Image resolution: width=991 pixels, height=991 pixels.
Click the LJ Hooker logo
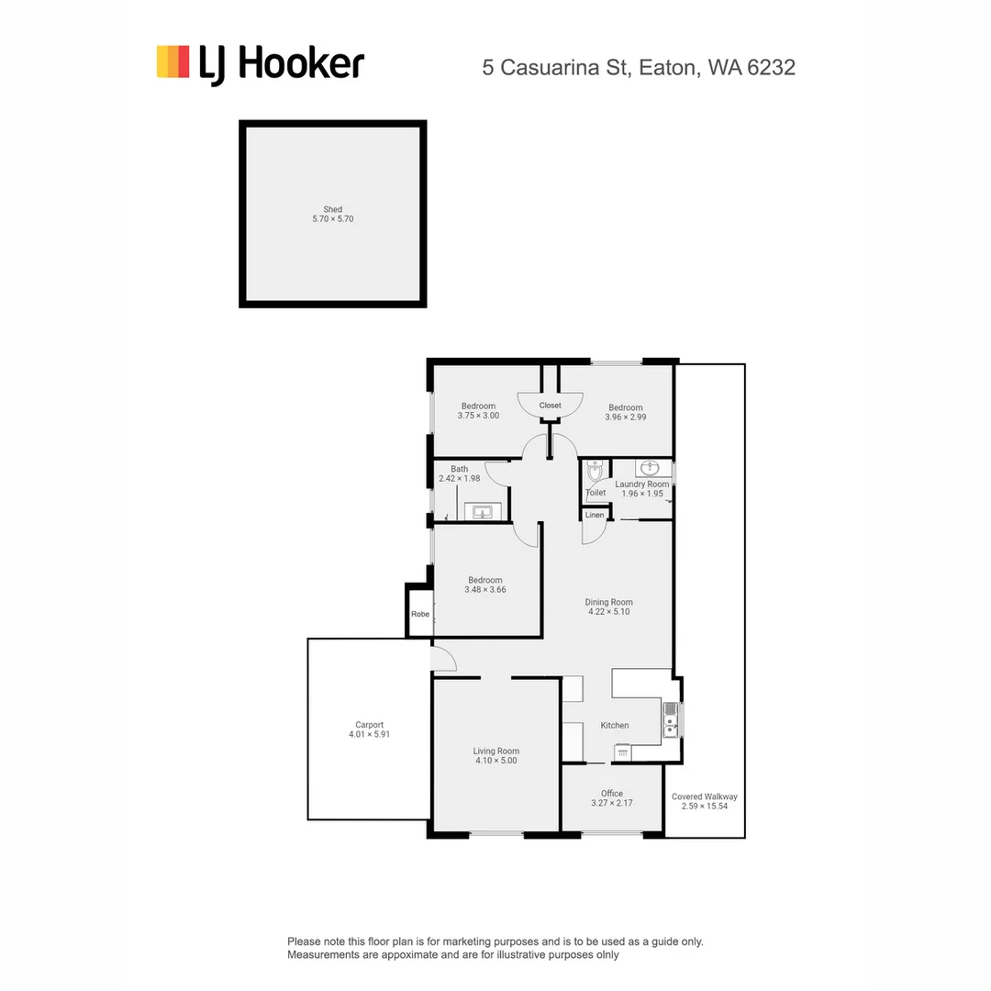coord(260,64)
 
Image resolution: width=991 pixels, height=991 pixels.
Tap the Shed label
coord(332,209)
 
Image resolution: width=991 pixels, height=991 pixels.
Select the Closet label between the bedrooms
coord(550,405)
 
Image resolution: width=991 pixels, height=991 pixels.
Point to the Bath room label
coord(459,469)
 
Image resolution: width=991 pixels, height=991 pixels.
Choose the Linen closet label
coord(595,515)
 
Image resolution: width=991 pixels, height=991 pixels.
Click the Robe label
coord(420,614)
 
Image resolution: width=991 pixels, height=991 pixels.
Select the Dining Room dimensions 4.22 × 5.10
coord(609,611)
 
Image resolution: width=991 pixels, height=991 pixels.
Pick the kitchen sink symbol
coord(671,720)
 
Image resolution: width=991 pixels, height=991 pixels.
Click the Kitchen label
coord(615,726)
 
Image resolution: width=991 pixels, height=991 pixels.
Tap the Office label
coord(612,794)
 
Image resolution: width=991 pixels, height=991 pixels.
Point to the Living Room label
coord(496,751)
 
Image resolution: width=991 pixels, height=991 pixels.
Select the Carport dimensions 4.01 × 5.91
coord(370,734)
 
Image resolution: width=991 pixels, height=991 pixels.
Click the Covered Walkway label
coord(705,796)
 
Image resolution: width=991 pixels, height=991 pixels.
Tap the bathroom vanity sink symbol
coord(482,511)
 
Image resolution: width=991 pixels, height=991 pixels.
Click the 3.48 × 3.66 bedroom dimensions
coord(485,590)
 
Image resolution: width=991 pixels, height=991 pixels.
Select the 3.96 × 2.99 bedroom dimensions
coord(625,417)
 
